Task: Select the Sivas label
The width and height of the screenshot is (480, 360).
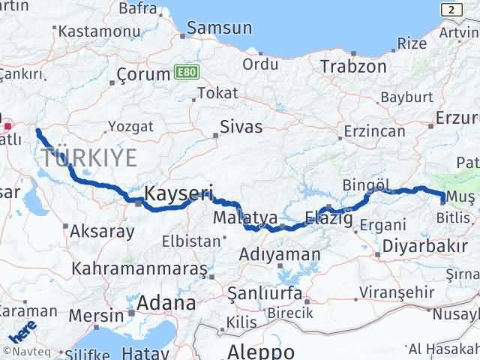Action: (241, 127)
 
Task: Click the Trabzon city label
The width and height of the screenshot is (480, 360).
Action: (353, 66)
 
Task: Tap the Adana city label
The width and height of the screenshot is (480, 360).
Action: (165, 303)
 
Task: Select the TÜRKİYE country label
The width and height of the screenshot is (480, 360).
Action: (89, 158)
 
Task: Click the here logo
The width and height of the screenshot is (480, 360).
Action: (22, 330)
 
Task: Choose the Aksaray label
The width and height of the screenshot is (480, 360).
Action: (101, 231)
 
